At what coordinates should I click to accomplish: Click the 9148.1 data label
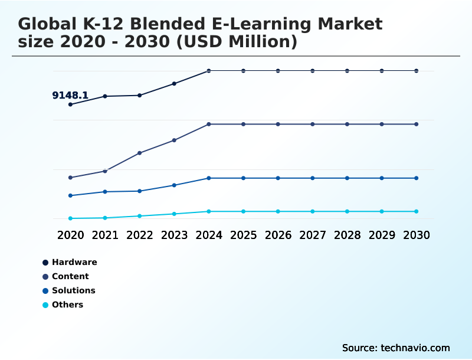70,95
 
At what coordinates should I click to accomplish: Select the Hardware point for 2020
71,104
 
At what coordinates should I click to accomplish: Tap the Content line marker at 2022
140,153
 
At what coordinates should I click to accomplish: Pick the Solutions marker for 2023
175,185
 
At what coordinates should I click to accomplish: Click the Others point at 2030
417,211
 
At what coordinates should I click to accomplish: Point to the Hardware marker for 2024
209,71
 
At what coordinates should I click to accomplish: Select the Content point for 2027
313,124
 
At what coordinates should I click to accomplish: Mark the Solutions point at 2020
71,195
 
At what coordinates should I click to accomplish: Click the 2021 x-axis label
105,235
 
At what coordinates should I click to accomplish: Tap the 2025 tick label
243,235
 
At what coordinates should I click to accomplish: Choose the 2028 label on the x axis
347,235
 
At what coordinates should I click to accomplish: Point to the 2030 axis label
417,235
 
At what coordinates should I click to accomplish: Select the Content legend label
70,276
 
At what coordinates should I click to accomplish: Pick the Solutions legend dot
45,290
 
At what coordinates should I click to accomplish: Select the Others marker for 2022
140,216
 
